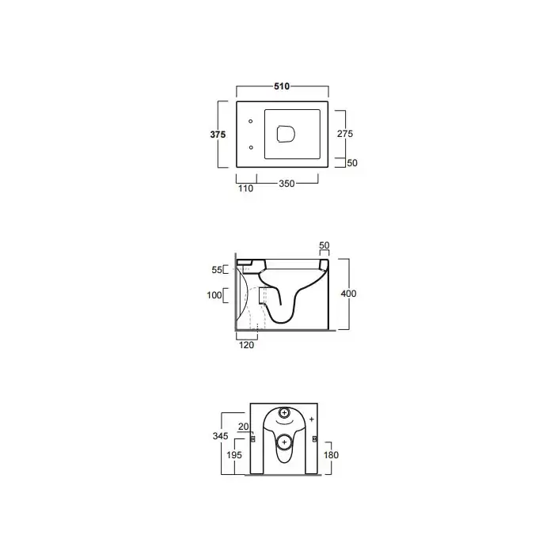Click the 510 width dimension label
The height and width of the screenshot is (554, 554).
point(282,86)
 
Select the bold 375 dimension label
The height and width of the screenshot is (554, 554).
point(218,135)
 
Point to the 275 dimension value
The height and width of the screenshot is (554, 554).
point(345,134)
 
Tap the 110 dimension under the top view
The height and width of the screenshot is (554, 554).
point(245,188)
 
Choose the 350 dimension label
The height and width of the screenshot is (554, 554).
point(286,184)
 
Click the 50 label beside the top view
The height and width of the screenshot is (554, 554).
point(352,163)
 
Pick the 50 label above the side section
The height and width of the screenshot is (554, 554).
point(324,245)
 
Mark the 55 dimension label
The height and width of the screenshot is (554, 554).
point(217,270)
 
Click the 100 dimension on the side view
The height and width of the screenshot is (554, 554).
point(214,295)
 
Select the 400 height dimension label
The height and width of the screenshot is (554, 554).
point(348,294)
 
